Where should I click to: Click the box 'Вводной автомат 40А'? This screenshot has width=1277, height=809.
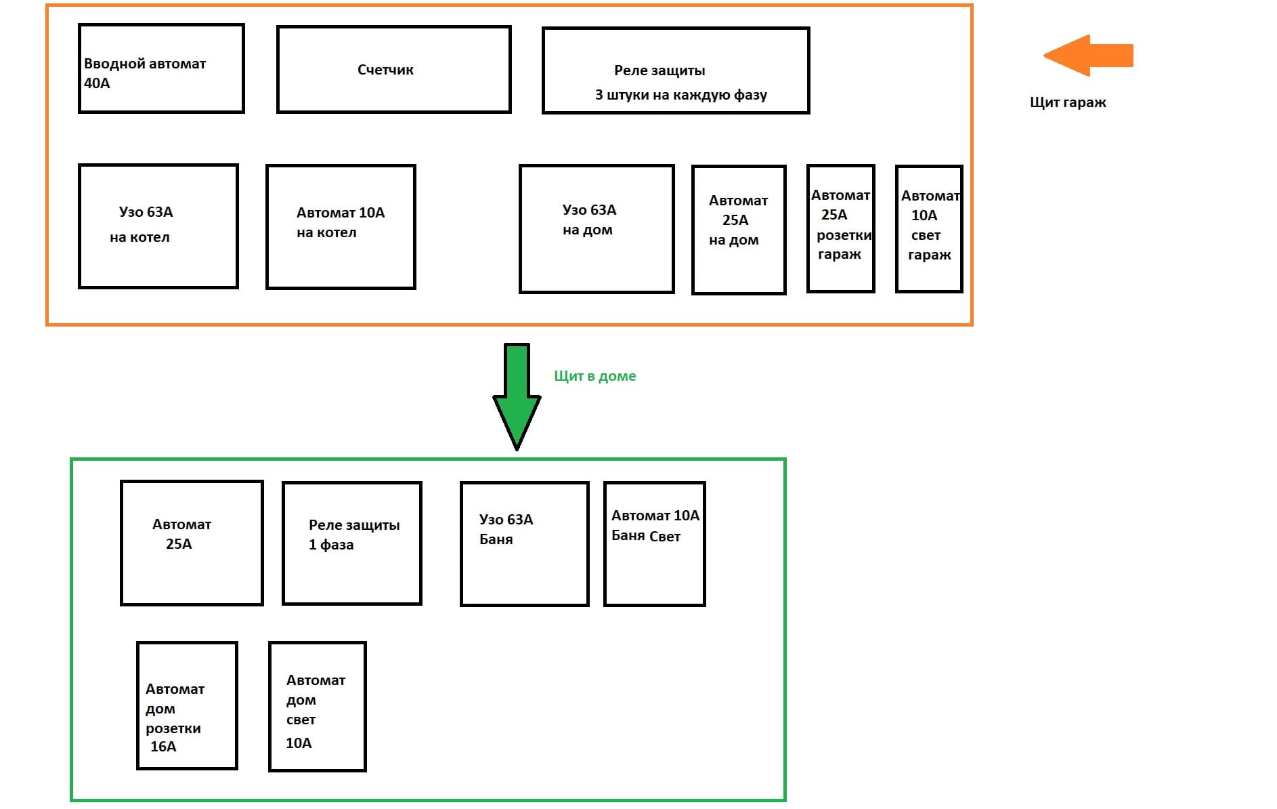click(x=161, y=68)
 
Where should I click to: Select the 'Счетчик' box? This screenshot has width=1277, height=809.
click(x=393, y=69)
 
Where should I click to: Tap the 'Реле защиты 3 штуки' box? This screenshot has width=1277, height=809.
click(x=676, y=70)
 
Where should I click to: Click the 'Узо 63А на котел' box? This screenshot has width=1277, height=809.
click(x=158, y=226)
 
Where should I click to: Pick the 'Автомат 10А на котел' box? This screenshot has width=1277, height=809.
click(x=341, y=227)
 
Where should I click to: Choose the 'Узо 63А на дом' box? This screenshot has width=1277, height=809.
click(x=597, y=229)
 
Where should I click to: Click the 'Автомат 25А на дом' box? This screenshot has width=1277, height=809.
click(x=739, y=230)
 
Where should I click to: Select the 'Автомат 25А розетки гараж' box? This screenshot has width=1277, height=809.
click(x=841, y=228)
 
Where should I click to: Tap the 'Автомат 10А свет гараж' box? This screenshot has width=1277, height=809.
click(x=929, y=229)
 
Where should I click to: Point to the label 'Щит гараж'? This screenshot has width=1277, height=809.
click(x=1068, y=103)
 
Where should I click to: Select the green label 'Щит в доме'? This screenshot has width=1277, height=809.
click(x=595, y=377)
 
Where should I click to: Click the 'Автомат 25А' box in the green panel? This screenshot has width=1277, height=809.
click(x=192, y=543)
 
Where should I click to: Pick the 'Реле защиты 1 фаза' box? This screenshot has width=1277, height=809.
click(x=352, y=543)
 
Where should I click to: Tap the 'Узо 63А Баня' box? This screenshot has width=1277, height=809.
click(x=525, y=544)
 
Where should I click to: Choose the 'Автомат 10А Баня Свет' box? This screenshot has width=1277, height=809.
click(x=655, y=544)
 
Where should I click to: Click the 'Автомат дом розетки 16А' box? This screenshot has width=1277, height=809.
click(x=187, y=705)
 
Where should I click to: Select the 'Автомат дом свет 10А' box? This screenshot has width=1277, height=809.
click(x=318, y=707)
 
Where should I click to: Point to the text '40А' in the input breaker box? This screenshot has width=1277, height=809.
click(x=97, y=83)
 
